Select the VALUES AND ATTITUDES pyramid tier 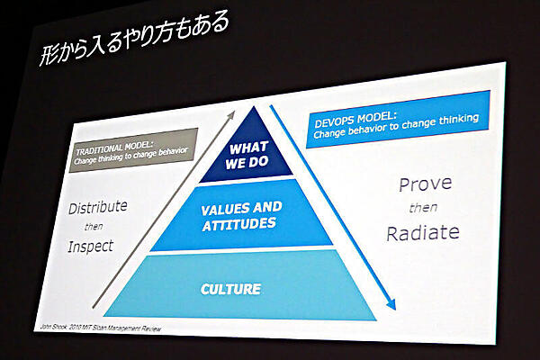coord(241,215)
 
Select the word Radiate coord(422,233)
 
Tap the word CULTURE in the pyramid coord(230,289)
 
